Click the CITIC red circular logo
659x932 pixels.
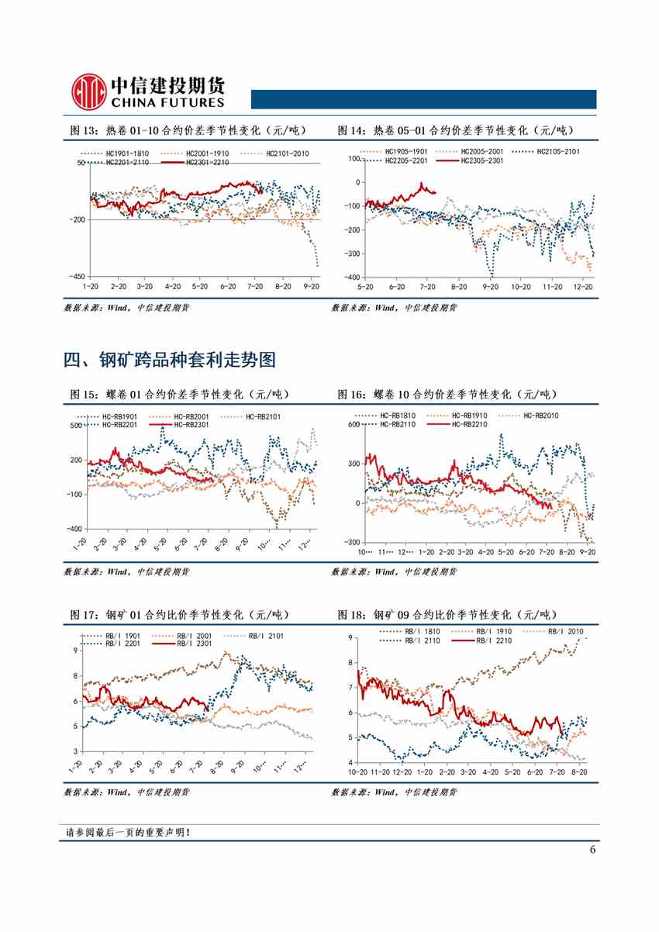click(88, 91)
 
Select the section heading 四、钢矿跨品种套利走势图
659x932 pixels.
click(170, 360)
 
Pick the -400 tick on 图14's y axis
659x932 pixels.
click(351, 278)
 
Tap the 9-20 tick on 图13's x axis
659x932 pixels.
click(312, 287)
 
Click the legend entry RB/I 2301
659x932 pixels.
click(194, 644)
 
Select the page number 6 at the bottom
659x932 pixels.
click(592, 849)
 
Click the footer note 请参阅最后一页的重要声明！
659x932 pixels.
click(129, 833)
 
